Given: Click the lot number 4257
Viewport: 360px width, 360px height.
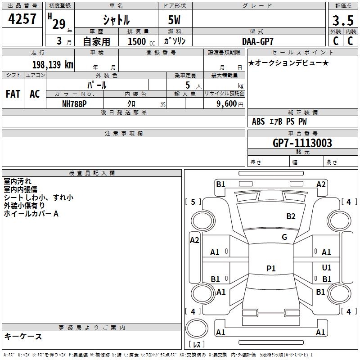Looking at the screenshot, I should click(22, 19).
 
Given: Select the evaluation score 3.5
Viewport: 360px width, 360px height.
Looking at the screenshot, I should click(342, 21).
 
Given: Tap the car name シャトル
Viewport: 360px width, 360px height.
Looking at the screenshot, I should click(116, 20).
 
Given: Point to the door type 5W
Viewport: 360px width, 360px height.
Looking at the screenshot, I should click(175, 20).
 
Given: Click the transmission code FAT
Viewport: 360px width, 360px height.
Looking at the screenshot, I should click(13, 94).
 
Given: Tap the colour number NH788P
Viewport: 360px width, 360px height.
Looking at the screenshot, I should click(74, 103).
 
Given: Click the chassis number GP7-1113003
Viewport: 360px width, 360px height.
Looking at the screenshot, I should click(302, 143).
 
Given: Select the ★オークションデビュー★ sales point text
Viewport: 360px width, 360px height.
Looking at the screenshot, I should click(288, 63).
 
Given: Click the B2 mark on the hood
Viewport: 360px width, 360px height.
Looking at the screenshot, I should click(291, 216).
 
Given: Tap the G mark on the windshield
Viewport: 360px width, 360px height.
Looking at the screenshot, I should click(284, 237).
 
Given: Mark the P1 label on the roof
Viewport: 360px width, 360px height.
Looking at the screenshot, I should click(271, 269).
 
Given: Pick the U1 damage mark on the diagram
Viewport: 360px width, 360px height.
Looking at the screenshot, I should click(327, 268).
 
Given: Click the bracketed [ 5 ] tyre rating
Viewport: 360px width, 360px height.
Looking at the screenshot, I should click(193, 202).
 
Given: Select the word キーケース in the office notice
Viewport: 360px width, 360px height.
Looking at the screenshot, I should click(23, 336).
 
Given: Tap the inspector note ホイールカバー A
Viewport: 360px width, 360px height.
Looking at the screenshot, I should click(31, 214).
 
